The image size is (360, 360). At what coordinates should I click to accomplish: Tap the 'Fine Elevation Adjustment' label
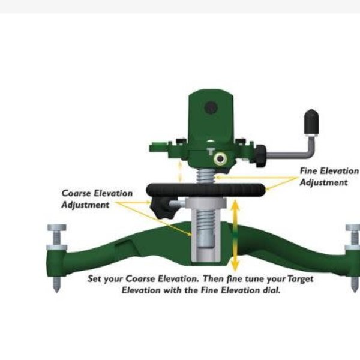click(x=325, y=176)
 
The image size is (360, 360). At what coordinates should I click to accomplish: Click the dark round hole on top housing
click(x=210, y=108)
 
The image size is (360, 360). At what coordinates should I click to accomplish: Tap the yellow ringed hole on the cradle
click(x=221, y=158)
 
